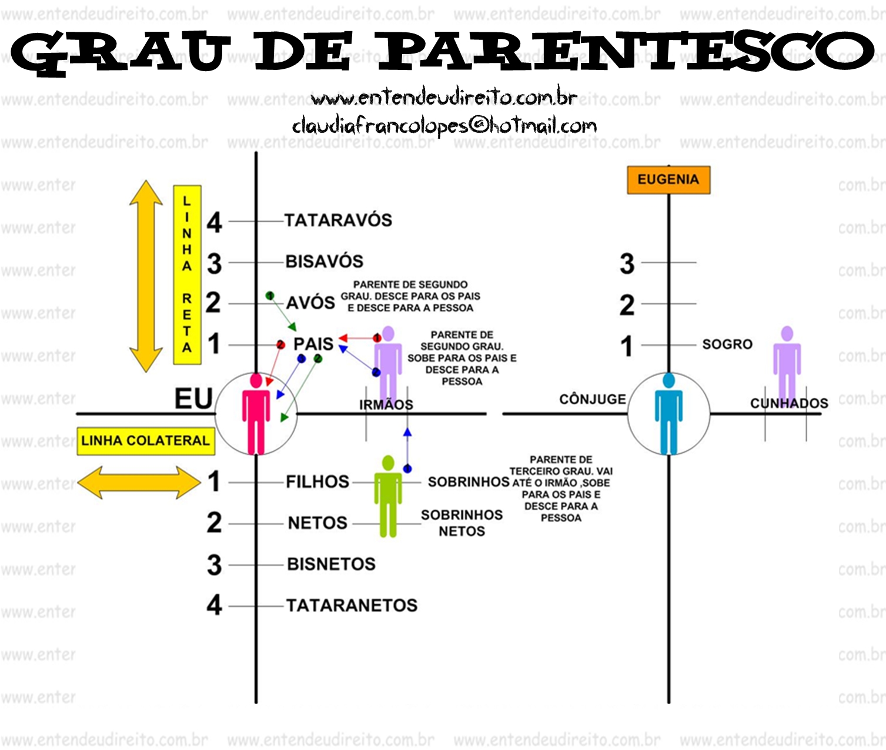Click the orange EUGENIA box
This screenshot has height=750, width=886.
(668, 180)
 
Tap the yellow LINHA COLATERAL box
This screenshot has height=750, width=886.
(146, 441)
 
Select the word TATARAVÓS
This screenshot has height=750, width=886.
(338, 220)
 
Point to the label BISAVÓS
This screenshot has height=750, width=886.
(325, 262)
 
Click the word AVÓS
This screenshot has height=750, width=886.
(310, 303)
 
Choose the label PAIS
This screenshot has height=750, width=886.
(313, 344)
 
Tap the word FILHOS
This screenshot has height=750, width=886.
(317, 482)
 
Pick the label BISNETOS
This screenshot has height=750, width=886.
(332, 564)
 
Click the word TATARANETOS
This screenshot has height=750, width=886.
(352, 605)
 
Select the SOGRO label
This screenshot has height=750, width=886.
(727, 344)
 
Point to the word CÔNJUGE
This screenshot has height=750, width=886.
(593, 399)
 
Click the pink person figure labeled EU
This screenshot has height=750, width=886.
(256, 414)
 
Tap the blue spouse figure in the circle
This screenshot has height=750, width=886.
(668, 414)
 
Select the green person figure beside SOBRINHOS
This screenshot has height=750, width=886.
(388, 496)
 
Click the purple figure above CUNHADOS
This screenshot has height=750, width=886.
(787, 364)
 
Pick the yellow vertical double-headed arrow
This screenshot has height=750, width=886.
(146, 276)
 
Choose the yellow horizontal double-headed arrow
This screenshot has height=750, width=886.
(139, 483)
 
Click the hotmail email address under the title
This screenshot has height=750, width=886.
(444, 126)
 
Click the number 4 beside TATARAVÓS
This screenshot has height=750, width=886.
(215, 222)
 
